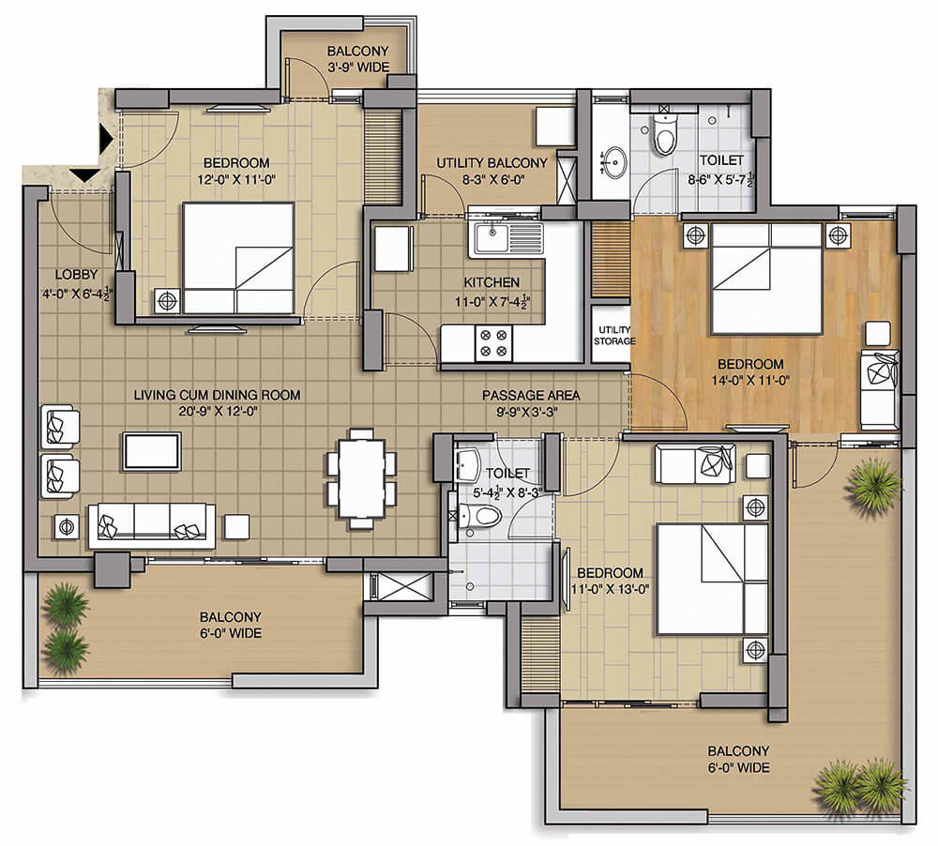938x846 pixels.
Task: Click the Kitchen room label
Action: tap(492, 281)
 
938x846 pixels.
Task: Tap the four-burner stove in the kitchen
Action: tap(493, 343)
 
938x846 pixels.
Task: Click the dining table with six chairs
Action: tap(361, 478)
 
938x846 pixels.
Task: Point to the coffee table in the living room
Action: tap(151, 452)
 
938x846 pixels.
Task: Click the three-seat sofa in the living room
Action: tap(152, 525)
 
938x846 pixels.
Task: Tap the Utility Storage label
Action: tap(614, 335)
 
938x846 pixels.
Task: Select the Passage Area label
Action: tap(531, 395)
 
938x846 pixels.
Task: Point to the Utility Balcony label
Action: tap(492, 163)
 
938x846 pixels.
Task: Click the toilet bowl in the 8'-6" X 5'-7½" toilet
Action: tap(665, 134)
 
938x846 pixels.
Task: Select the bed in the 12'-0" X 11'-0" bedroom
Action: tap(238, 258)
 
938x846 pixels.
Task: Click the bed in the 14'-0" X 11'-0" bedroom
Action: tap(766, 279)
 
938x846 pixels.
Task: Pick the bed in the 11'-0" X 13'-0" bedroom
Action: tap(712, 579)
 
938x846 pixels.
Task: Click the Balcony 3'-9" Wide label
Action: tap(357, 59)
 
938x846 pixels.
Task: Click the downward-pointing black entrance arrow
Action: tap(84, 175)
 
